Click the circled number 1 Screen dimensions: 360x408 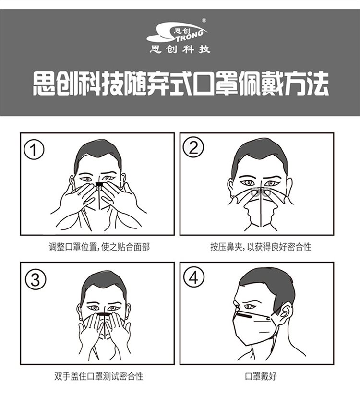click(34, 150)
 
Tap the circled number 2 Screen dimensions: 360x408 click(193, 147)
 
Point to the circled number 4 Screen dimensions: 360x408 click(194, 277)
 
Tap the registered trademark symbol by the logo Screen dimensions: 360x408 click(204, 20)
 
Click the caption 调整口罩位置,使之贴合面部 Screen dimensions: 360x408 click(99, 247)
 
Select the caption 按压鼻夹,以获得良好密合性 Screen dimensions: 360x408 click(261, 247)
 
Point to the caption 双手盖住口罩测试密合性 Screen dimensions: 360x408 click(99, 376)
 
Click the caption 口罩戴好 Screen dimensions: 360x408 click(261, 376)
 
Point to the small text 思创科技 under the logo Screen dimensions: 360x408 click(180, 49)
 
